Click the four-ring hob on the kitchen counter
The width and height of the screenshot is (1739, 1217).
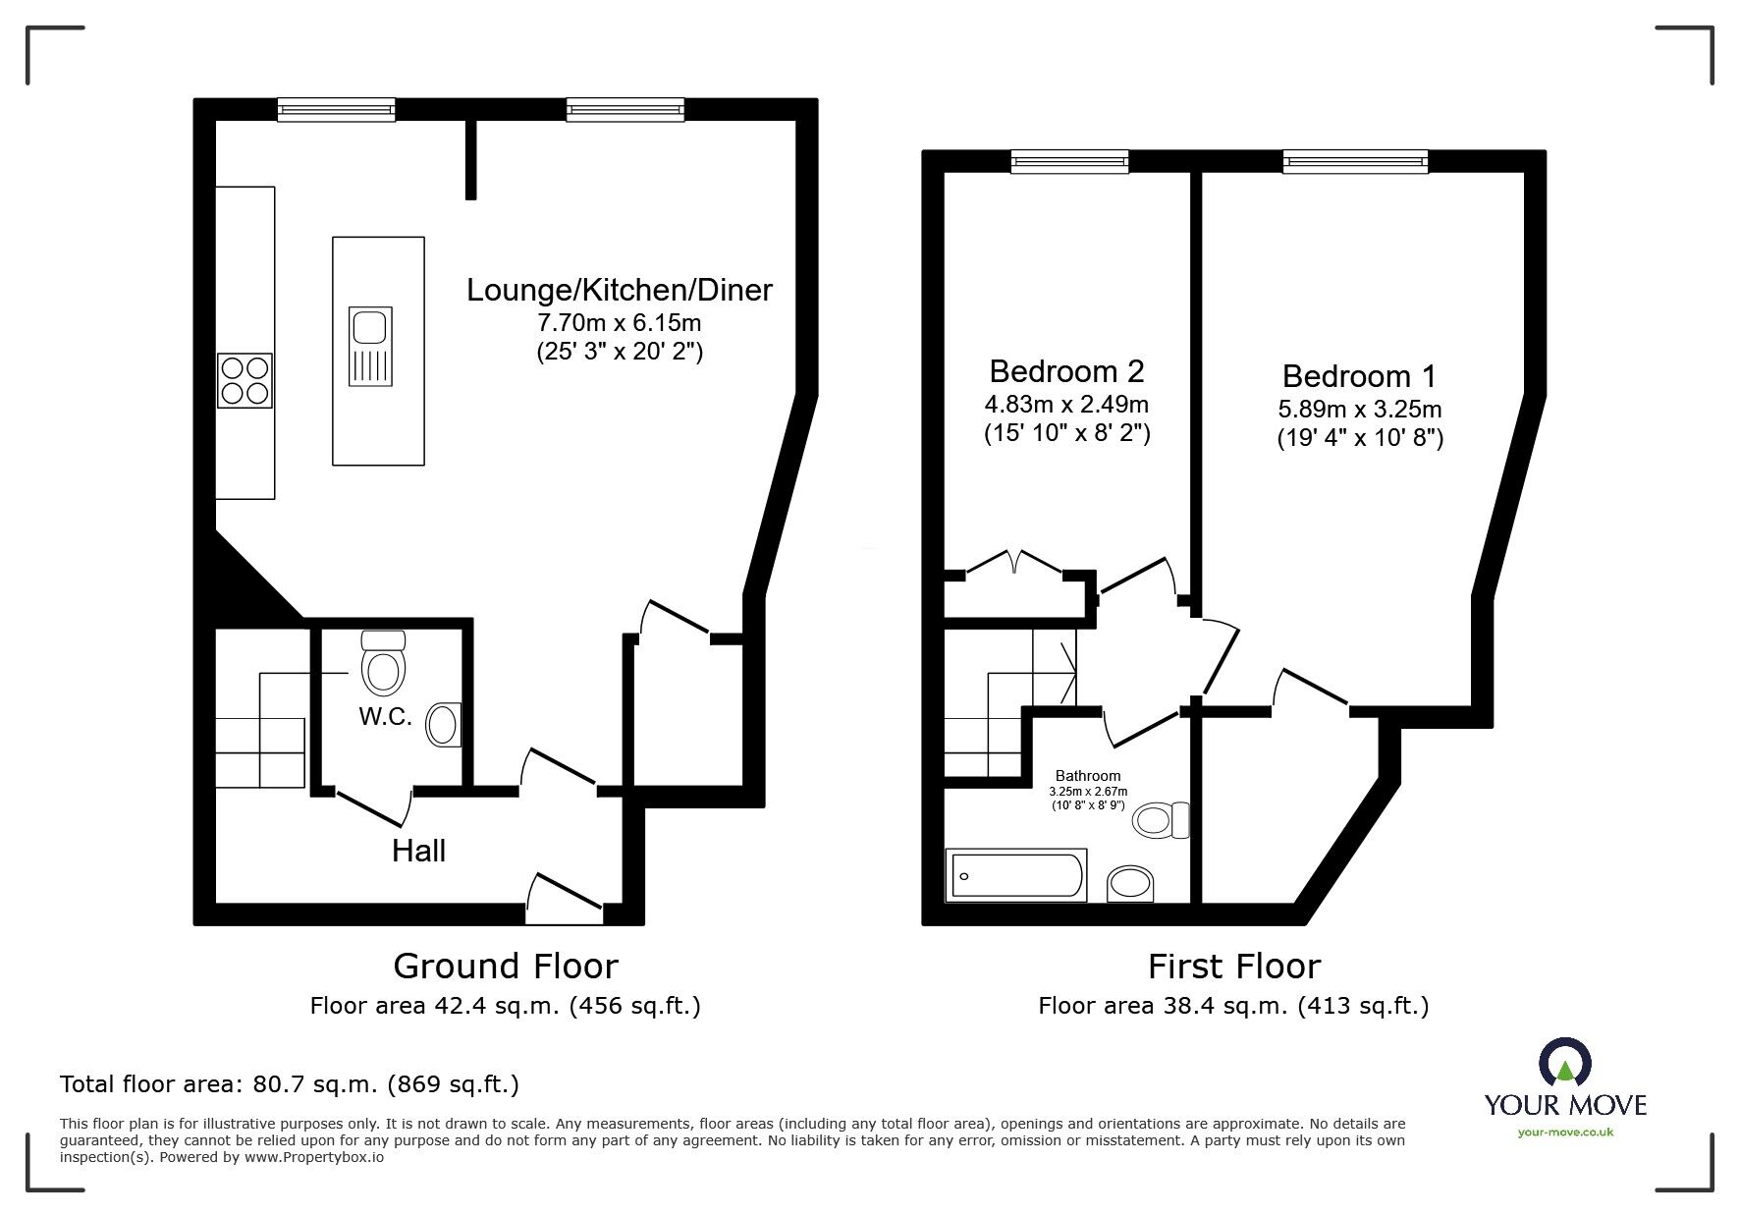point(245,381)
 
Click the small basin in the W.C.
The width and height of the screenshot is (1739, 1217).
point(444,726)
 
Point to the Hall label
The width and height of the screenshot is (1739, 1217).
point(418,851)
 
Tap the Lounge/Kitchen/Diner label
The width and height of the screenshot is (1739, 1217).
point(619,290)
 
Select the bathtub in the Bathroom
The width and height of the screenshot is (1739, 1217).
point(1015,875)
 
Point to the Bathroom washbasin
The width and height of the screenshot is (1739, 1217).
point(1132,883)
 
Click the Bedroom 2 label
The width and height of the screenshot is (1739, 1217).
point(1066,371)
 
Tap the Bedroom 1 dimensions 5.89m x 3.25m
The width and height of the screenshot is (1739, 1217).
point(1360,409)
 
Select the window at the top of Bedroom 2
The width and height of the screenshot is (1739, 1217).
point(1069,161)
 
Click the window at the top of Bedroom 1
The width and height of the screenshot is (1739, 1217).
point(1355,161)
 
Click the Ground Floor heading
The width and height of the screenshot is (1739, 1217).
point(505,967)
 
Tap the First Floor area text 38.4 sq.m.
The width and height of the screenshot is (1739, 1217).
point(1233,1006)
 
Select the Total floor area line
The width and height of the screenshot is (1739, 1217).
point(290,1084)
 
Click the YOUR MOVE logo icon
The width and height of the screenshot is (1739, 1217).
point(1565,1064)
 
